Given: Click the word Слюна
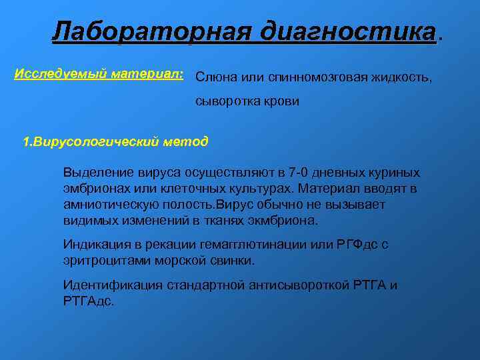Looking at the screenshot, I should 213,78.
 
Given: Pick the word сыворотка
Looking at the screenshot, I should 226,102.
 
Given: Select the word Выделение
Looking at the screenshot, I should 95,173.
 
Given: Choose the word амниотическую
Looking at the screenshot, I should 109,205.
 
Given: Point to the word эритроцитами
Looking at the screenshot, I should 103,261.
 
